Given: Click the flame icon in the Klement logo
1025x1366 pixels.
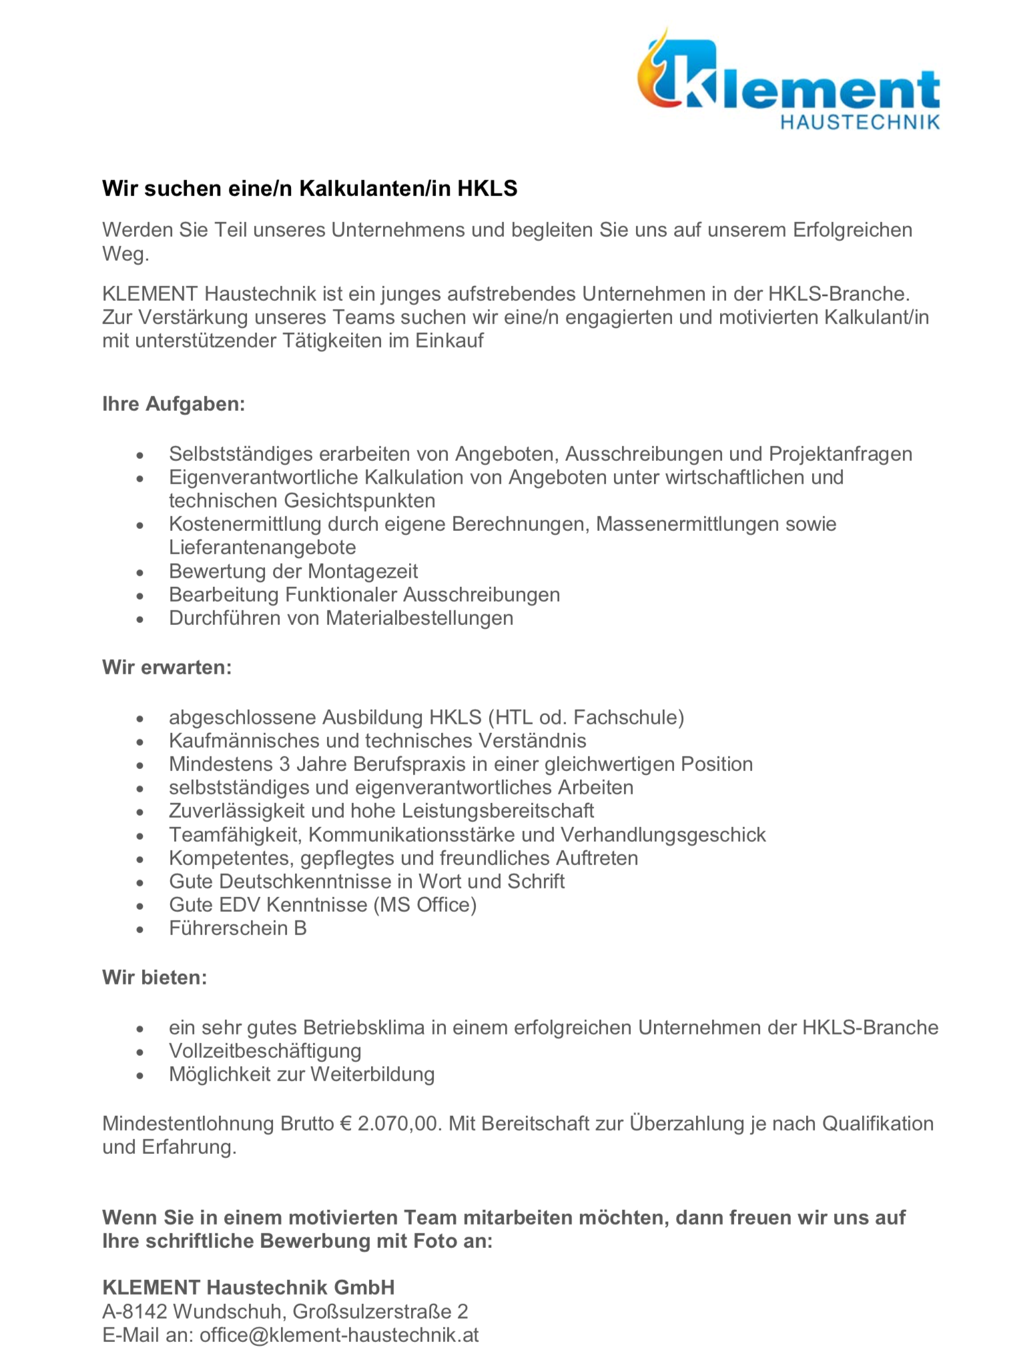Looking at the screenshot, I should [x=657, y=73].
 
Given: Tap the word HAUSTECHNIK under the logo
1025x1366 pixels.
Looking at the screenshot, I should [x=860, y=122].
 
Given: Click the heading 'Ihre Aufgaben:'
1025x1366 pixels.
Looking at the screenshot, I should [x=174, y=404].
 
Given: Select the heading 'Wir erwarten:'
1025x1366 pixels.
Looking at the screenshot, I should [x=167, y=667].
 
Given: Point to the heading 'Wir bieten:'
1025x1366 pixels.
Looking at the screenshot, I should [x=155, y=978].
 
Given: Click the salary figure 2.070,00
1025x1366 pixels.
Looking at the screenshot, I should [x=400, y=1124].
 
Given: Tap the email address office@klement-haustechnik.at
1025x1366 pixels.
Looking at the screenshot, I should [x=339, y=1335].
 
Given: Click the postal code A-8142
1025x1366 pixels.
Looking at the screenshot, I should [x=135, y=1311].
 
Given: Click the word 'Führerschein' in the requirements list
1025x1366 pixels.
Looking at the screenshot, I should [x=227, y=928].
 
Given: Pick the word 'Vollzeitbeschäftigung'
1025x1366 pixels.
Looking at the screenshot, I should [x=265, y=1051].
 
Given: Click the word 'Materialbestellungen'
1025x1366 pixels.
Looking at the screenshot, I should [x=419, y=618].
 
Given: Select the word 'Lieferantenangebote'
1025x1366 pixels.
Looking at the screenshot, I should [x=262, y=548].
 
